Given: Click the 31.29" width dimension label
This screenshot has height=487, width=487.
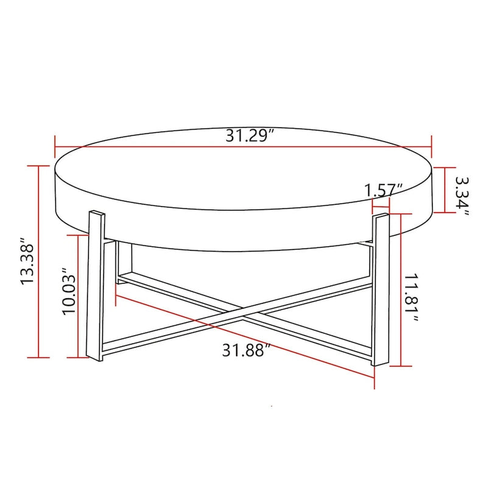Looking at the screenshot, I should coord(247,135).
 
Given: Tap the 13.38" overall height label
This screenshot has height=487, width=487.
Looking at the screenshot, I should coord(27,262).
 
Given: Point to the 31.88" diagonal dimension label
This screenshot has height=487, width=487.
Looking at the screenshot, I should coord(245,351).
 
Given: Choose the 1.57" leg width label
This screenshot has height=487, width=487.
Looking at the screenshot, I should coord(384,190).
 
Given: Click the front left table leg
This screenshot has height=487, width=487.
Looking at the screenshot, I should coord(96,286).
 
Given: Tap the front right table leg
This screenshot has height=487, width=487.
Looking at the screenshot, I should coord(380,289).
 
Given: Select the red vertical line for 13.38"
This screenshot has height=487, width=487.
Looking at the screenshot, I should coord(40,262).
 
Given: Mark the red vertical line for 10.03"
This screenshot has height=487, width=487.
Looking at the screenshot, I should coord(79,296).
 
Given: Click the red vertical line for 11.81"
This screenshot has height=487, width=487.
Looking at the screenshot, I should coord(400,290).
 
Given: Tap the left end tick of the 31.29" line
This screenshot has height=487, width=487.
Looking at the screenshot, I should coord(55,147).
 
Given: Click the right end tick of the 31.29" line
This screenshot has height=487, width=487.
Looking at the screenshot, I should coord(432,147).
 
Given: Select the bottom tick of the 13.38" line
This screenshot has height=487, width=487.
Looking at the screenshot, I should coord(40,357).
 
